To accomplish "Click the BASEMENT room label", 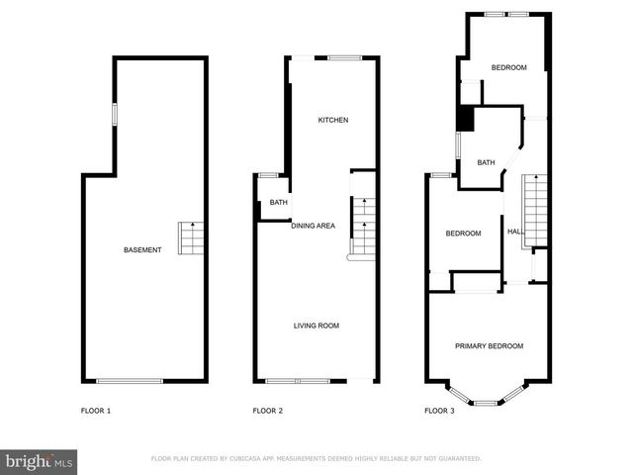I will click(142, 249).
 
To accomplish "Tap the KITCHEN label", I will click(332, 121).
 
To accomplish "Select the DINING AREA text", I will click(313, 226).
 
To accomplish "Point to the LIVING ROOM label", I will click(316, 325).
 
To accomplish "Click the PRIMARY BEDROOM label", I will click(489, 345).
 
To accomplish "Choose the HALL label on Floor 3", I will click(515, 232).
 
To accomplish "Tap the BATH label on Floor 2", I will click(278, 204).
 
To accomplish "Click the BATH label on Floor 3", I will click(486, 162).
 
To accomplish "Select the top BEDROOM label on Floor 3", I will click(508, 67).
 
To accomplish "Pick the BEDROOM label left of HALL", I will click(463, 234).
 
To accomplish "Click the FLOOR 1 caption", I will click(96, 410).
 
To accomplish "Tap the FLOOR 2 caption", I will click(268, 410).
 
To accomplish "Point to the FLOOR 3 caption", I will click(439, 410).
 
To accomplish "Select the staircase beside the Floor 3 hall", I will click(534, 202).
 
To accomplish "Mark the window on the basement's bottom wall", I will click(130, 381).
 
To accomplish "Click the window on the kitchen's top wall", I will click(343, 57).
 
